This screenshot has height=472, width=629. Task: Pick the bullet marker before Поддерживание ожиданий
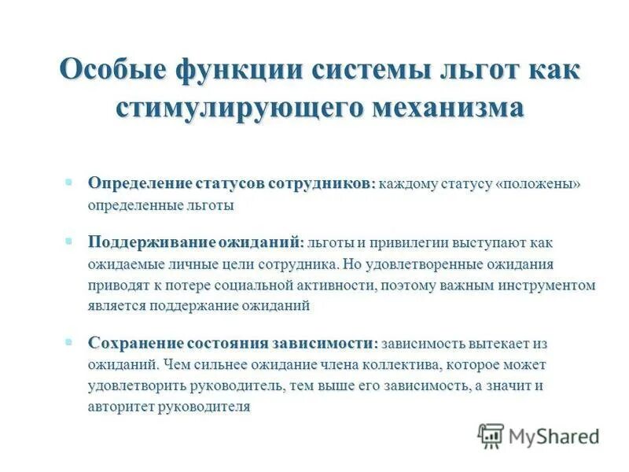[69, 241]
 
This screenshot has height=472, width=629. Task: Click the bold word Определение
[138, 183]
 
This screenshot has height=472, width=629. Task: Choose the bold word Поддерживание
[144, 242]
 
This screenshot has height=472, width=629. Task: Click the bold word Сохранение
[134, 344]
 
